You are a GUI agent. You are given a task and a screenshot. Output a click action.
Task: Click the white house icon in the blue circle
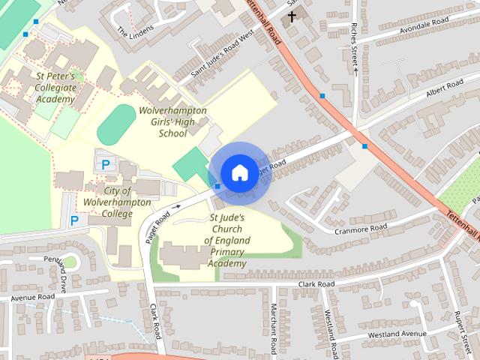239,172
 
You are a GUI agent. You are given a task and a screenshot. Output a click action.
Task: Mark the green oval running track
112,125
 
